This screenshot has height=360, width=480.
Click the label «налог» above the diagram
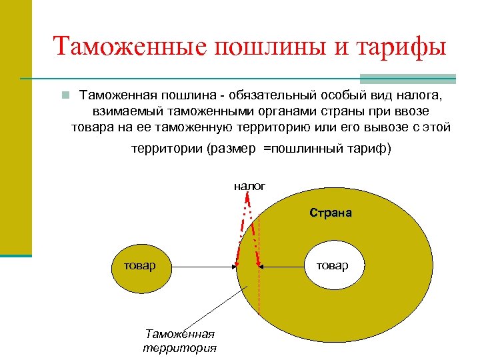249,186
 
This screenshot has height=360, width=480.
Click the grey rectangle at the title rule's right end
408,79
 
